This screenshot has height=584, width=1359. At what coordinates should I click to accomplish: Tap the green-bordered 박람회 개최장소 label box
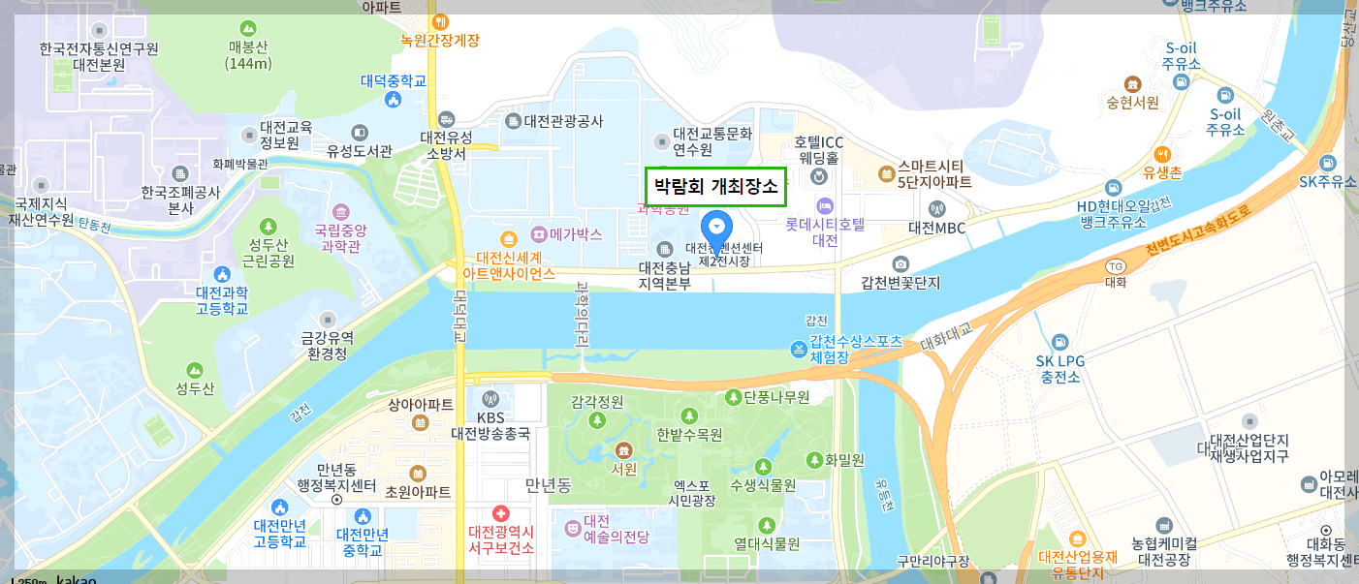pyautogui.click(x=715, y=186)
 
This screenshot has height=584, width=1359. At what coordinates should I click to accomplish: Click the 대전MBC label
pyautogui.click(x=936, y=228)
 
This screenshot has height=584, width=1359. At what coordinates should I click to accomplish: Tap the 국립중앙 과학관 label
pyautogui.click(x=340, y=239)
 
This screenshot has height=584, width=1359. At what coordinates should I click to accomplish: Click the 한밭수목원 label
pyautogui.click(x=689, y=435)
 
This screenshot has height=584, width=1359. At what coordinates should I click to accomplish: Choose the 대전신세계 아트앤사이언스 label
pyautogui.click(x=509, y=266)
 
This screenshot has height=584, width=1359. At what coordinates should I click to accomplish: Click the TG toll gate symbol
pyautogui.click(x=1115, y=267)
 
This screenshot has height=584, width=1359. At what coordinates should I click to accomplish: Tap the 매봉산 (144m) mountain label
pyautogui.click(x=248, y=55)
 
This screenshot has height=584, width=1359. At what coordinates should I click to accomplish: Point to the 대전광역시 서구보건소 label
pyautogui.click(x=501, y=539)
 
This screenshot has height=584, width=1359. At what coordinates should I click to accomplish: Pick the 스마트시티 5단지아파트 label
pyautogui.click(x=934, y=173)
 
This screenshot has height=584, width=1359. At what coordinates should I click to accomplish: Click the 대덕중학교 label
pyautogui.click(x=394, y=81)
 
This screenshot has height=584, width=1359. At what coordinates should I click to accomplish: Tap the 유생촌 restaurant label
pyautogui.click(x=1162, y=173)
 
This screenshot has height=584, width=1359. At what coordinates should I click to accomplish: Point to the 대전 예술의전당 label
pyautogui.click(x=609, y=529)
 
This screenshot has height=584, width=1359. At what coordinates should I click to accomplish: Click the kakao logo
pyautogui.click(x=77, y=579)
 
